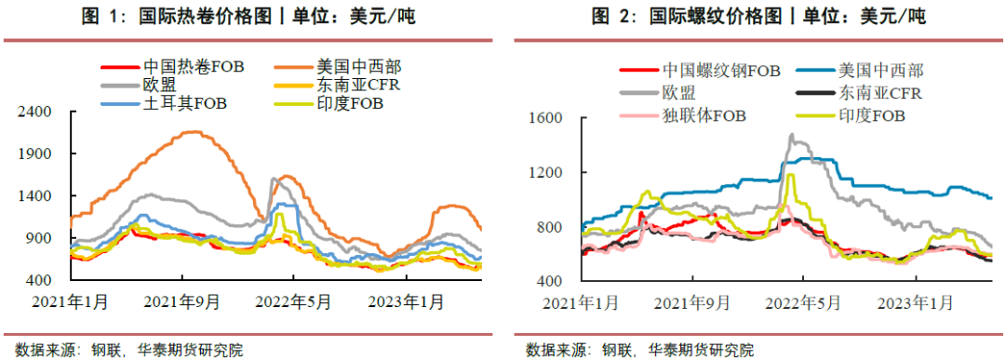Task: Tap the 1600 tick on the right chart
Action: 546,118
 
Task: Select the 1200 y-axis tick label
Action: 546,172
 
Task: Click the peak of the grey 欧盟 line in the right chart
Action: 791,135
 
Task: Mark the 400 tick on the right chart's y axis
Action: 550,281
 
